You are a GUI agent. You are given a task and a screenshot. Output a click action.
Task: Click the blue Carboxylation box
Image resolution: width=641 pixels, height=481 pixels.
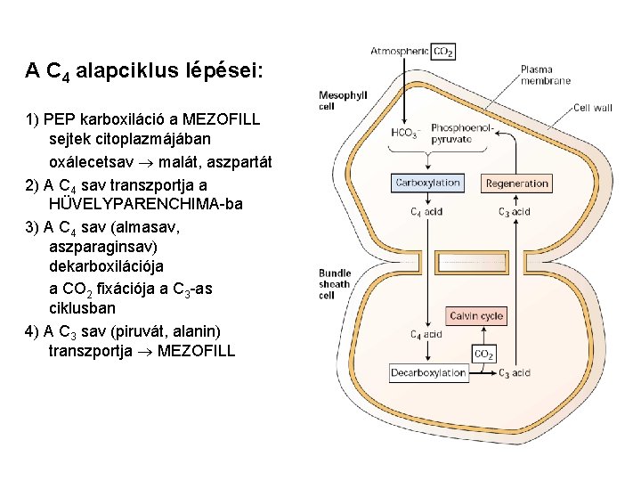(x=427, y=183)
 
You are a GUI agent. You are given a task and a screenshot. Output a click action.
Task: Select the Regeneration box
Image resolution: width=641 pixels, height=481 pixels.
(x=517, y=183)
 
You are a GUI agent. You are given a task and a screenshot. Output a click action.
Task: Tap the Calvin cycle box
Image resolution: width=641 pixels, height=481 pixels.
(x=476, y=316)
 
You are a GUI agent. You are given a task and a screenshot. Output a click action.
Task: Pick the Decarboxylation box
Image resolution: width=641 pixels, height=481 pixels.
(x=428, y=373)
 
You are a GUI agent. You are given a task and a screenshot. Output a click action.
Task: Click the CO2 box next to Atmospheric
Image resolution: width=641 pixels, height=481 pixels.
(x=443, y=53)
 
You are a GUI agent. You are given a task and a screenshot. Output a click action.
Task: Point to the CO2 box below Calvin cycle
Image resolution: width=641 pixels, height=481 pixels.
(x=483, y=355)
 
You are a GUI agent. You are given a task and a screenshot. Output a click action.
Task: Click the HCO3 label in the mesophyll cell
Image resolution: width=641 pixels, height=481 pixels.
(x=406, y=134)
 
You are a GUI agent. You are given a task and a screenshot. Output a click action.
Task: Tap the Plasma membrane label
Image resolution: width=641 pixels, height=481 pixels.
(x=545, y=75)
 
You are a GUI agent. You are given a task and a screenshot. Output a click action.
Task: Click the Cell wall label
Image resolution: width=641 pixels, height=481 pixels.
(x=592, y=108)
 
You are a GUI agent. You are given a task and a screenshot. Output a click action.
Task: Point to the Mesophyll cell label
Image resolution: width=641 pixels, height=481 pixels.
(x=343, y=100)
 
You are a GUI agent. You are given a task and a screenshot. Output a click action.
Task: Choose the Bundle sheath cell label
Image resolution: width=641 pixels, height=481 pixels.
(x=336, y=284)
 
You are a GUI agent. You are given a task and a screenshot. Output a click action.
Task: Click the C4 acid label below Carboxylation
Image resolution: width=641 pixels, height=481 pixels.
(x=426, y=212)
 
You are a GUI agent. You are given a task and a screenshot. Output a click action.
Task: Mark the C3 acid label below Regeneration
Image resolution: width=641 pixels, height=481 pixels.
(x=514, y=212)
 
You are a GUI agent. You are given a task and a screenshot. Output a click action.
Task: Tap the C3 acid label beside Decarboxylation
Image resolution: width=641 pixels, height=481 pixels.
(x=515, y=373)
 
